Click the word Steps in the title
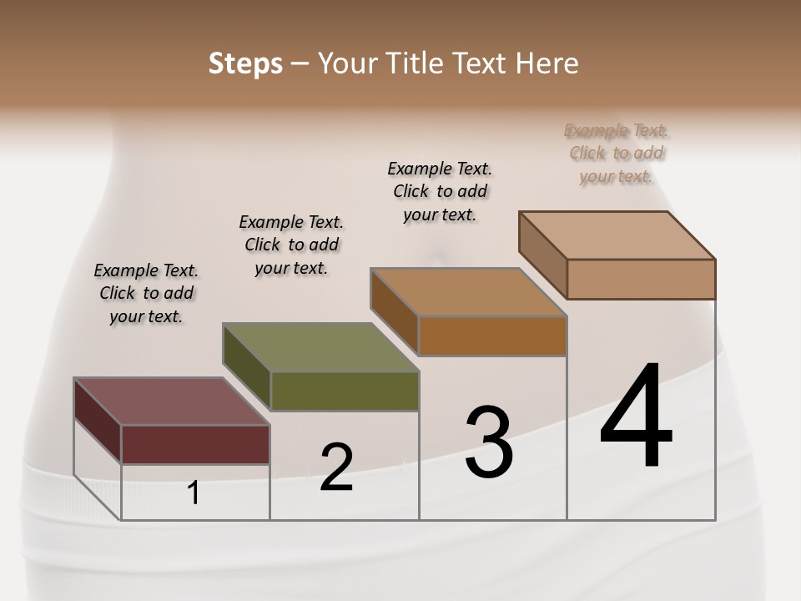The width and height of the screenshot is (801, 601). [245, 63]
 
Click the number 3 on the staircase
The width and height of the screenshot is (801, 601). [488, 442]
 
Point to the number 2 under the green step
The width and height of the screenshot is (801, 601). [336, 467]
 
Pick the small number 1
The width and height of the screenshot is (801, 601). [194, 493]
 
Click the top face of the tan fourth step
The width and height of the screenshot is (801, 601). [617, 235]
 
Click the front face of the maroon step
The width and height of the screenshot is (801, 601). [195, 444]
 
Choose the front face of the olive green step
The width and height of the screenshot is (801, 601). [345, 391]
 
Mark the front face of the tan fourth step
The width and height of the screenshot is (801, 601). [641, 279]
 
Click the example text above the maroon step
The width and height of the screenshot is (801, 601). [146, 293]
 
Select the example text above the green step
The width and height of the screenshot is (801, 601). [291, 245]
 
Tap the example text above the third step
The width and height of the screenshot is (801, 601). [440, 191]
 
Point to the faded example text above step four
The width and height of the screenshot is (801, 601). [617, 153]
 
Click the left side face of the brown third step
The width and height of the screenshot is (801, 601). [394, 310]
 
